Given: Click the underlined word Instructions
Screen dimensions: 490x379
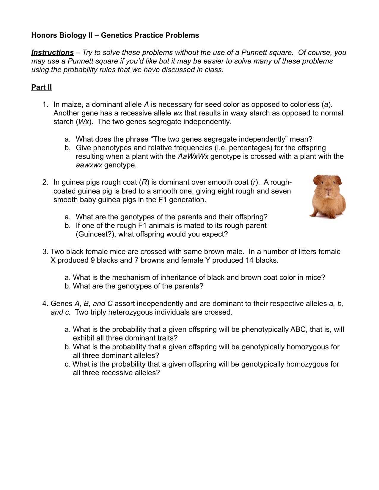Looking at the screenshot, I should click(52, 53).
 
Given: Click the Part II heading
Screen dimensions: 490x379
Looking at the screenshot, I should click(41, 87).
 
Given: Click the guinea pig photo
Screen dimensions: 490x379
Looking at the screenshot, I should click(328, 196).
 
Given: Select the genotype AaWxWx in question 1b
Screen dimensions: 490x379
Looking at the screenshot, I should click(193, 156).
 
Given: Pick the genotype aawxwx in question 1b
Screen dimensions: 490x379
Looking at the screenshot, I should click(89, 165).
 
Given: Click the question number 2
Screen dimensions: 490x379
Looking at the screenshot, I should click(45, 182).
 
